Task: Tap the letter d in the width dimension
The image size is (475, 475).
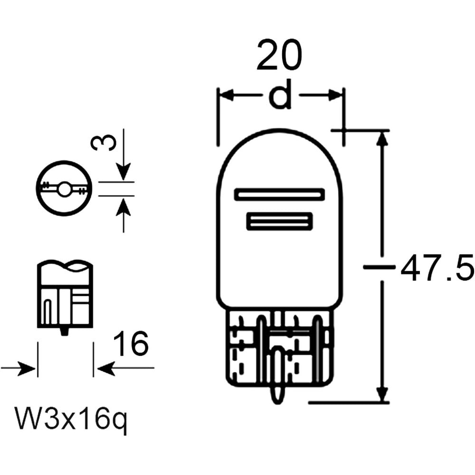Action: (280, 94)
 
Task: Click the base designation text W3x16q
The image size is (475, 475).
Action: (72, 418)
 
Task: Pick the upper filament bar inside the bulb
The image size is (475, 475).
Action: (279, 194)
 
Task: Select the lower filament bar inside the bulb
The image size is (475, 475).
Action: (279, 221)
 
